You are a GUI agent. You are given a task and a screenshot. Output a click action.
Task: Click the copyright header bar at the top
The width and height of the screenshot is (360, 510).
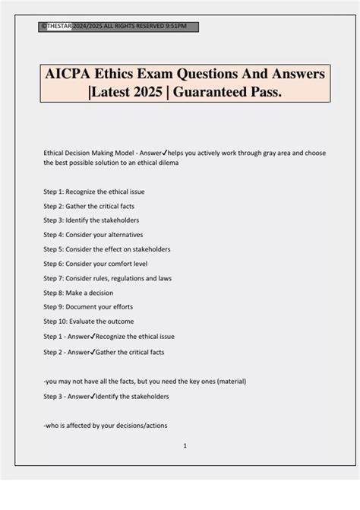click(x=118, y=27)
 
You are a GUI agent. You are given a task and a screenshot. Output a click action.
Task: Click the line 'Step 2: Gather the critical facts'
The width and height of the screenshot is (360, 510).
click(x=100, y=205)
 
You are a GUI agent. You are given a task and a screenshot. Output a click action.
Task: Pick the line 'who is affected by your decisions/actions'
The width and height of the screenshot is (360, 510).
click(x=105, y=425)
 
